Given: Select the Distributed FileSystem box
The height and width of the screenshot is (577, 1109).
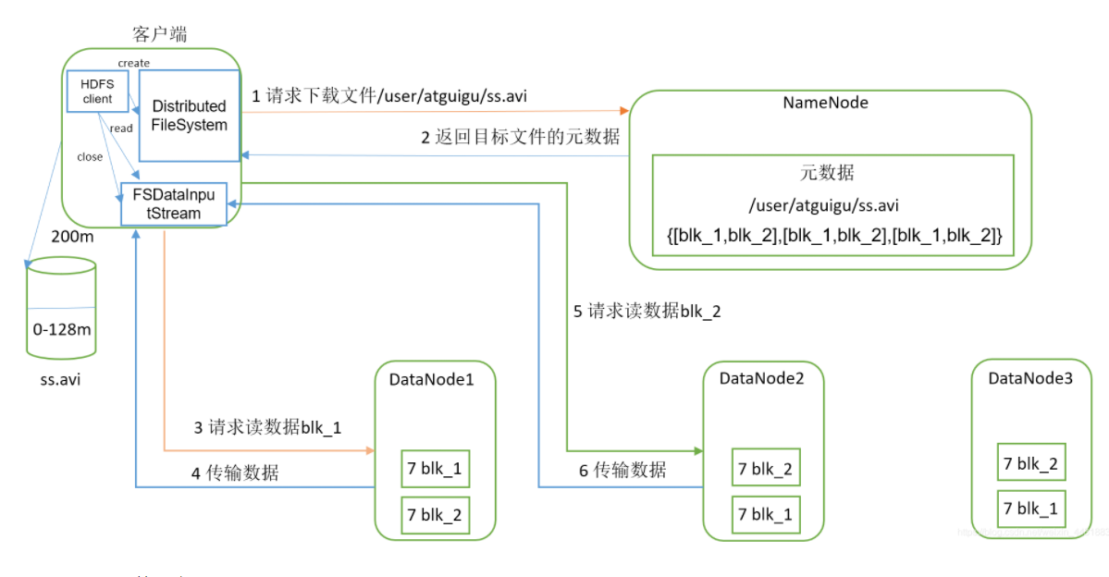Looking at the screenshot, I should pos(189,115).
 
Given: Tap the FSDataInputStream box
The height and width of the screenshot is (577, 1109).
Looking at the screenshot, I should pos(174,203).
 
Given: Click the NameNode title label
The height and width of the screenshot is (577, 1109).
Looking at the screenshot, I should pos(825,103).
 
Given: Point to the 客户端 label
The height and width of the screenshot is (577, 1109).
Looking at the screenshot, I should pos(160,34).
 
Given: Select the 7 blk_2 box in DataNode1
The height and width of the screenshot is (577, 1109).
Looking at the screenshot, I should pos(433,515).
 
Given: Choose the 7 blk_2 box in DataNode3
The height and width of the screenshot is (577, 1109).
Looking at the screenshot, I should pos(1030,463).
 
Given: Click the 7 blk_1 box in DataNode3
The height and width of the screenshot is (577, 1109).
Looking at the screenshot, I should pos(1030,509).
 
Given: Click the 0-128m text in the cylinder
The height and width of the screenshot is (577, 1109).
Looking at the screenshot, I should pos(61,329).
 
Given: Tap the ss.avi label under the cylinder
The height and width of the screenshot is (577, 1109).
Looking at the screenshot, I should pos(60,380).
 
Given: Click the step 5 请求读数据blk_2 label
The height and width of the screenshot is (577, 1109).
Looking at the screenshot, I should pos(647,312).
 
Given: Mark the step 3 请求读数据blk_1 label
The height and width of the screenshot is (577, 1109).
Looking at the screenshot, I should pos(267,427).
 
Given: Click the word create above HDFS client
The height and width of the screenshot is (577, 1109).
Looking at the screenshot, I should pos(134,63).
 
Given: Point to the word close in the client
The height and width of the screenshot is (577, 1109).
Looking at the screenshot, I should pos(90,157).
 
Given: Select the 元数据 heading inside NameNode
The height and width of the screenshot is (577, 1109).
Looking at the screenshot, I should pos(827,173).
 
